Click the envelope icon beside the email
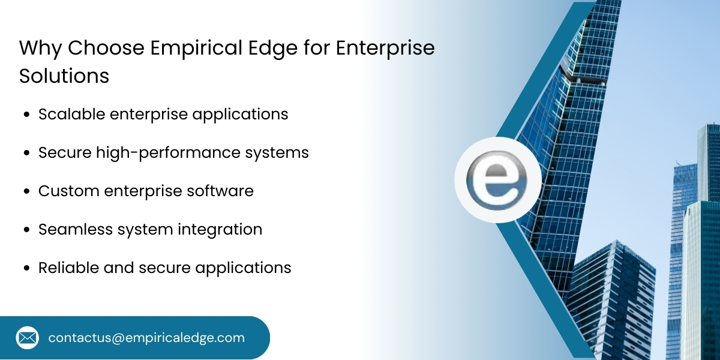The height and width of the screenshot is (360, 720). pyautogui.click(x=28, y=338)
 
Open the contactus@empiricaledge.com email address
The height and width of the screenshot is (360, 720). pyautogui.click(x=146, y=338)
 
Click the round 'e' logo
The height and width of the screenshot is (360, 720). pyautogui.click(x=497, y=181)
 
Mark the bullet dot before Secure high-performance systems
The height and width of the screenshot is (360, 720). pyautogui.click(x=27, y=154)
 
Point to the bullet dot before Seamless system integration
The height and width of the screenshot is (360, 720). pyautogui.click(x=27, y=230)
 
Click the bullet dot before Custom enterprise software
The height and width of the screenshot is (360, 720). pyautogui.click(x=27, y=192)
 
